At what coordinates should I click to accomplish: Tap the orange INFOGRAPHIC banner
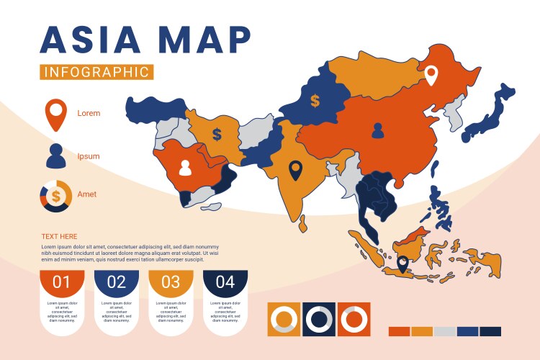pyautogui.click(x=96, y=72)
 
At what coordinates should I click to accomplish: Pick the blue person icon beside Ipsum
pyautogui.click(x=55, y=156)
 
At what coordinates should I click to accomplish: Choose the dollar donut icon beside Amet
pyautogui.click(x=55, y=196)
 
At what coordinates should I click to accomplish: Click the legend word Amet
pyautogui.click(x=87, y=194)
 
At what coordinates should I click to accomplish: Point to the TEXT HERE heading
pyautogui.click(x=59, y=237)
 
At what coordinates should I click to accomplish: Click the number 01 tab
pyautogui.click(x=62, y=282)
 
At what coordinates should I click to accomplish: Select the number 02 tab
pyautogui.click(x=117, y=282)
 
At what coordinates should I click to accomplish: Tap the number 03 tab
pyautogui.click(x=171, y=282)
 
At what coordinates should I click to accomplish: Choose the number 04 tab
pyautogui.click(x=225, y=282)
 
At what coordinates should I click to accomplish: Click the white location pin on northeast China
pyautogui.click(x=431, y=75)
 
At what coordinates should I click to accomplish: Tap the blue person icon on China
pyautogui.click(x=378, y=130)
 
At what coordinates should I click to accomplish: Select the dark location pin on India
pyautogui.click(x=294, y=170)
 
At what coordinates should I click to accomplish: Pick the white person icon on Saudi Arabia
pyautogui.click(x=185, y=168)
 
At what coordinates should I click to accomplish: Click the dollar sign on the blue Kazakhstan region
pyautogui.click(x=315, y=101)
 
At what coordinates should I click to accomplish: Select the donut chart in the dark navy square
pyautogui.click(x=318, y=318)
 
